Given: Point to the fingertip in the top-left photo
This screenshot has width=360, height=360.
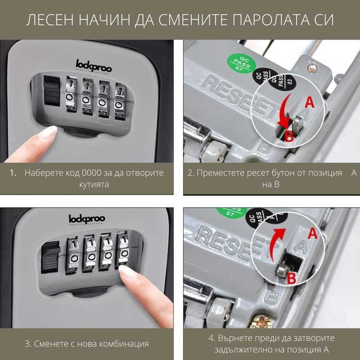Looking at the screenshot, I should coord(46,135).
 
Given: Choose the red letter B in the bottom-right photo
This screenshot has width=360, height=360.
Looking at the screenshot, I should coord(291,278).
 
